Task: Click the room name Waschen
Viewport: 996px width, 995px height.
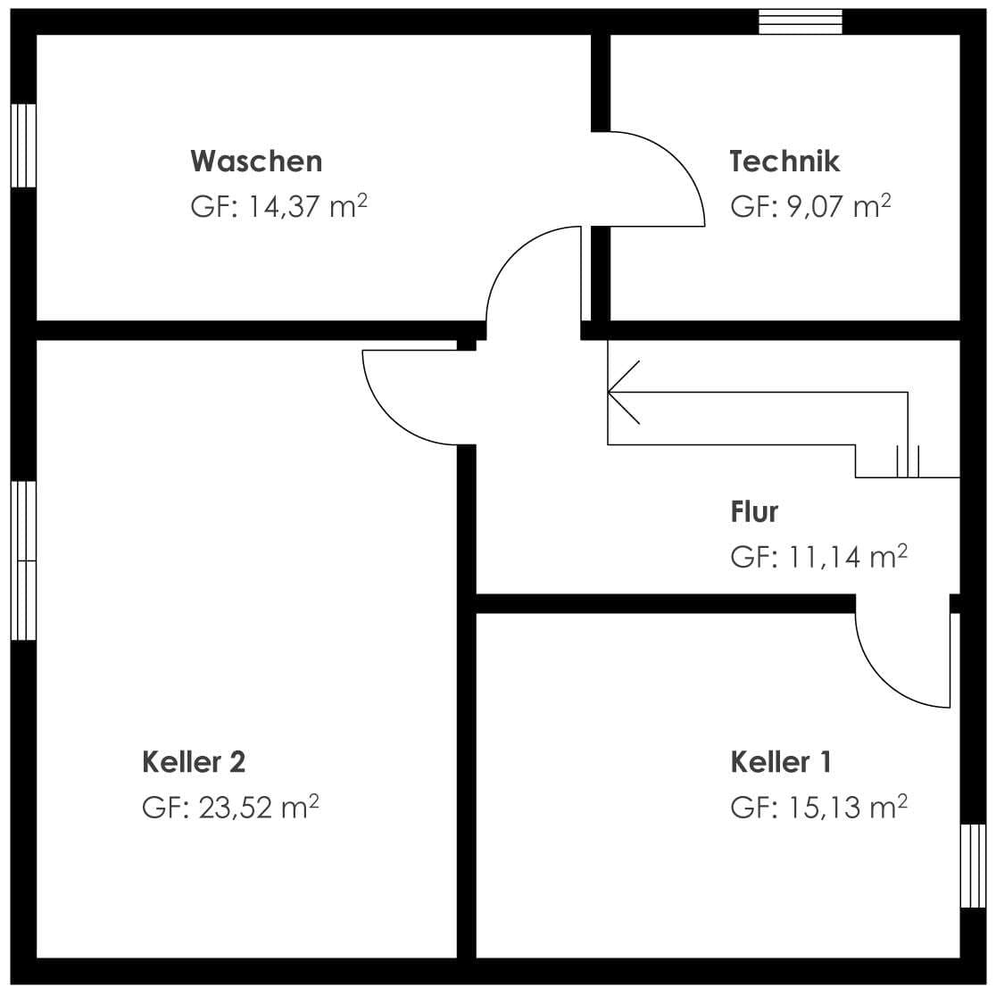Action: [x=256, y=162]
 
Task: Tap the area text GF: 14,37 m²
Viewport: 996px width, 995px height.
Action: [x=278, y=207]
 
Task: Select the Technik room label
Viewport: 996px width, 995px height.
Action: [x=784, y=162]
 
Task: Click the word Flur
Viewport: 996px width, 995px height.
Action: [x=754, y=512]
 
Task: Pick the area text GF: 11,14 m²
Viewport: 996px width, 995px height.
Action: [x=818, y=557]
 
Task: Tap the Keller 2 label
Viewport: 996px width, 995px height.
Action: [x=194, y=762]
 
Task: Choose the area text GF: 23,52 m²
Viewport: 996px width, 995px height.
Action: [x=230, y=808]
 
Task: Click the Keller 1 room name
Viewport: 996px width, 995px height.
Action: [x=781, y=762]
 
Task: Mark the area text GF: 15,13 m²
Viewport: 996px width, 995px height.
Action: [x=818, y=808]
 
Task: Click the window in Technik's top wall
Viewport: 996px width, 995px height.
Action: [x=801, y=21]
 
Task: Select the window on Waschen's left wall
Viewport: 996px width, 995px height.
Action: [x=23, y=145]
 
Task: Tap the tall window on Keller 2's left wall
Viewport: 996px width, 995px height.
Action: [x=23, y=560]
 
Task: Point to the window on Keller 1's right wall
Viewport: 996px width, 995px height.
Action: [x=973, y=866]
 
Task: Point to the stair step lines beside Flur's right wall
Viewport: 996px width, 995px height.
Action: [x=908, y=460]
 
